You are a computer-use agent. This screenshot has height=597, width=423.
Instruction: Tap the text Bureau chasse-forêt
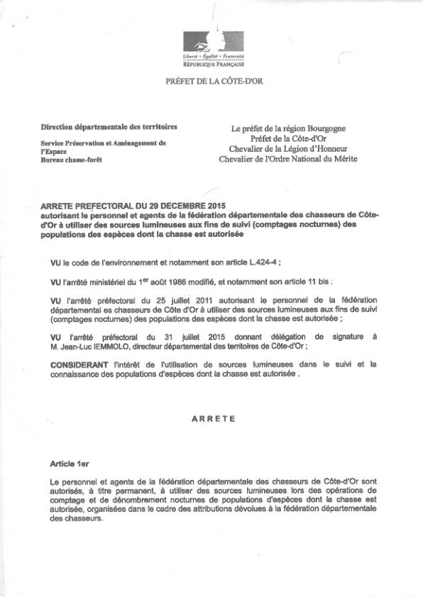pyautogui.click(x=72, y=160)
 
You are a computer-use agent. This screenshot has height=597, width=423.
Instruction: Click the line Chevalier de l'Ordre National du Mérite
pyautogui.click(x=288, y=159)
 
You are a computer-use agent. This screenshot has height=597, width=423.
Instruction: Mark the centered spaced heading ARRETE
pyautogui.click(x=214, y=419)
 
